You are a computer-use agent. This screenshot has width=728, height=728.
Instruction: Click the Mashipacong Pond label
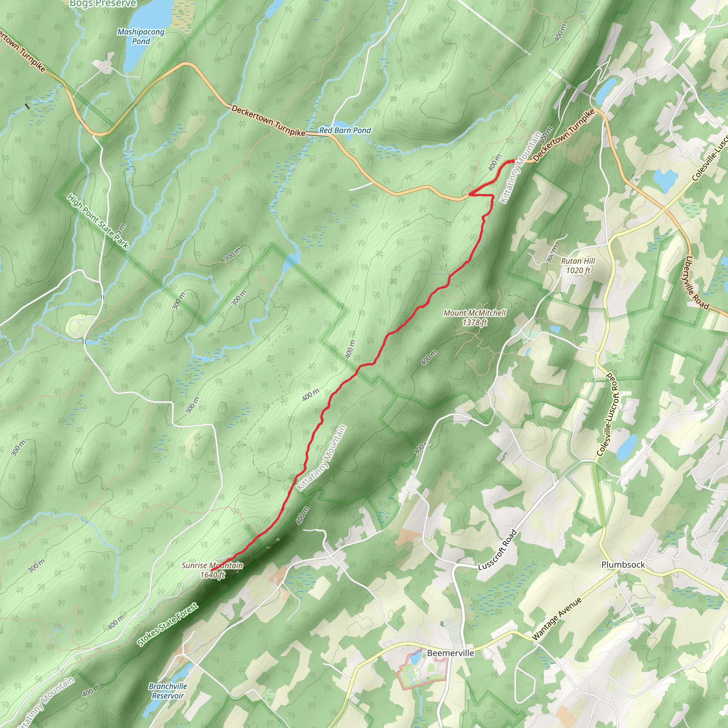(x=141, y=37)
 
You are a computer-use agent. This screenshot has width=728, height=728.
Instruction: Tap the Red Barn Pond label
(x=345, y=130)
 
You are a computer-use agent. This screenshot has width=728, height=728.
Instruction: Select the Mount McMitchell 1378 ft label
(x=475, y=317)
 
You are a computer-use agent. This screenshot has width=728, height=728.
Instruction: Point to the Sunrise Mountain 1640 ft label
(x=212, y=570)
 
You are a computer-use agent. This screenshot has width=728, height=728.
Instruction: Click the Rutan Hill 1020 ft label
(x=578, y=265)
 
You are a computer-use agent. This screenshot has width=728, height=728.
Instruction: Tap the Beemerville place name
(x=450, y=653)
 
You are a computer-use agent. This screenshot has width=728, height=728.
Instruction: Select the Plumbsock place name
(x=623, y=564)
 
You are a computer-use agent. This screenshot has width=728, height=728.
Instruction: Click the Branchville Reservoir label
(x=168, y=691)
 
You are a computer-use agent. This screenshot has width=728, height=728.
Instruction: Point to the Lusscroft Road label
(x=497, y=550)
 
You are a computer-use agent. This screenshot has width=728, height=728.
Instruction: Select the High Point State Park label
(x=98, y=221)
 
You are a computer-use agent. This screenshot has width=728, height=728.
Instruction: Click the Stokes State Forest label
(x=167, y=624)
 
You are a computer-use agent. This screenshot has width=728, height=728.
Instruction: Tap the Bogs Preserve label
(x=103, y=4)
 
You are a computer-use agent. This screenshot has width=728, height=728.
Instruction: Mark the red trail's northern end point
(x=513, y=161)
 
